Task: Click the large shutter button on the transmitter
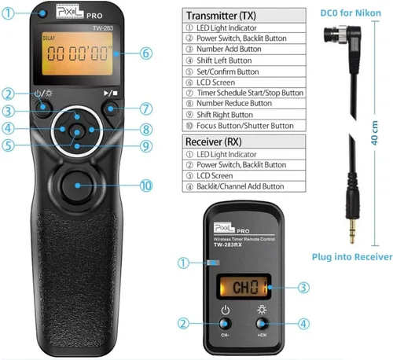click(x=77, y=186)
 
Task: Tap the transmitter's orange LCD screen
click(x=78, y=53)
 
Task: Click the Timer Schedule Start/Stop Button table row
click(x=244, y=93)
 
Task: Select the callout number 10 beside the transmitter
click(x=146, y=186)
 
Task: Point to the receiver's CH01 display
click(x=244, y=287)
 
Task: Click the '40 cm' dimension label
click(x=374, y=133)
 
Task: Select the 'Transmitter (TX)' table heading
click(x=221, y=16)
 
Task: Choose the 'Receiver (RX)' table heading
click(x=214, y=141)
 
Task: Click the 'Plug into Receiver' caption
click(x=352, y=257)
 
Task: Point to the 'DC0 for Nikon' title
click(x=351, y=13)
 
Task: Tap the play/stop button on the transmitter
click(x=111, y=108)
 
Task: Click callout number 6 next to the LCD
click(x=146, y=53)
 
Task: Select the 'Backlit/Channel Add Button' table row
click(x=244, y=186)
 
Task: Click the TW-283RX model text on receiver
click(x=227, y=244)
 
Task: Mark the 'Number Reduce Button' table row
click(x=244, y=104)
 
